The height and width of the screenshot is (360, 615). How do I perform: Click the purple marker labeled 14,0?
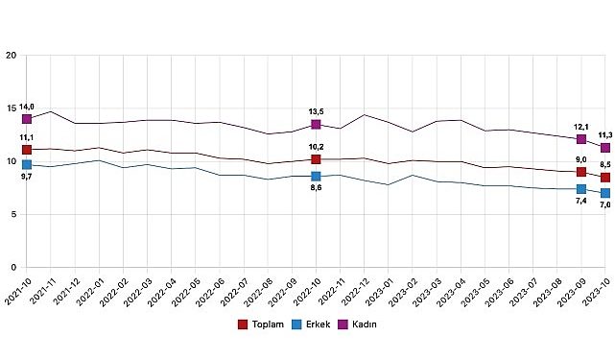27,119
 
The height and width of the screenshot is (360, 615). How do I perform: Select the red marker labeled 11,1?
27,150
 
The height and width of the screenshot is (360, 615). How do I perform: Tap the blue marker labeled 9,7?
27,165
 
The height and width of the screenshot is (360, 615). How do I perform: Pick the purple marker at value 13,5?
316,124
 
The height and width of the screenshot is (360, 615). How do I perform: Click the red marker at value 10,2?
316,159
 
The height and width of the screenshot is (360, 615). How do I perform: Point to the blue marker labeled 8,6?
316,177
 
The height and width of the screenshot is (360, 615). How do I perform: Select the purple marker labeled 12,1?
581,139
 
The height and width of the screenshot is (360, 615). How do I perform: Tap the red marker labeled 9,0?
581,172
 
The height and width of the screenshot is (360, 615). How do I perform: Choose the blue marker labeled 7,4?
581,189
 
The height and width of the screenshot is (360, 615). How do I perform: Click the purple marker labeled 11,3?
604,148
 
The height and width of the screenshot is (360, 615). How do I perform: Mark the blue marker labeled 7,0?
604,193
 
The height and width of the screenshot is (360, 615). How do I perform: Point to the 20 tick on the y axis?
11,56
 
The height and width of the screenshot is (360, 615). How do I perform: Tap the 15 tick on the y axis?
11,108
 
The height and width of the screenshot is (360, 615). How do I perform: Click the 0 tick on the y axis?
13,267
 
